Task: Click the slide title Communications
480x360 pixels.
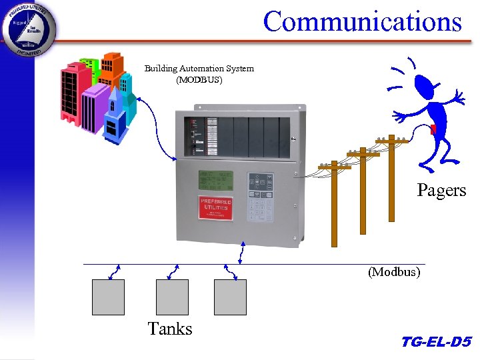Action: click(362, 21)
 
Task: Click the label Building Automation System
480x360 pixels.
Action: click(199, 69)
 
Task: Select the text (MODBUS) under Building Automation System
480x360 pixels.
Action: click(199, 80)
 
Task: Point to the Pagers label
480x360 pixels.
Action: click(441, 191)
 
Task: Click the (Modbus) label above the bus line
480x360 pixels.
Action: click(394, 272)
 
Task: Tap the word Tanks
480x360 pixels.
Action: click(170, 329)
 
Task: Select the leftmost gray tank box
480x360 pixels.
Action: click(108, 297)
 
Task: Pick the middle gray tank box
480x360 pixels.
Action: click(172, 297)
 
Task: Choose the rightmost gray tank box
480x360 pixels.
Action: click(230, 297)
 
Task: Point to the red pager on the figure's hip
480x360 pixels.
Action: click(433, 129)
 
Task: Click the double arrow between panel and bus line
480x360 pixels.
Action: click(241, 254)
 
